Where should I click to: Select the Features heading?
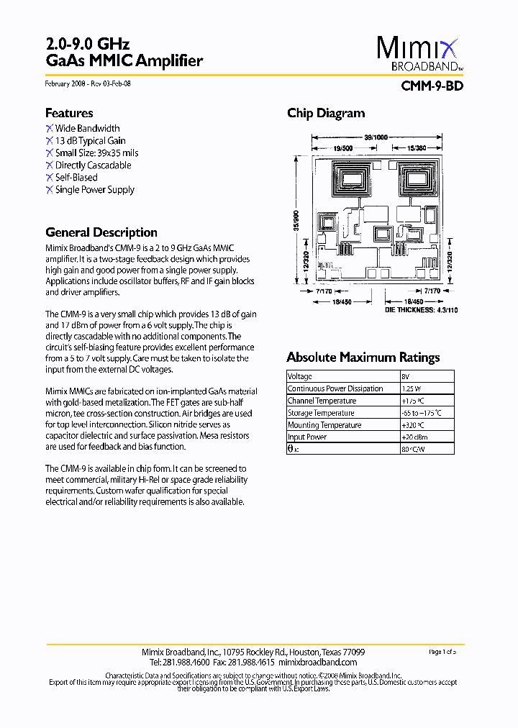pos(69,113)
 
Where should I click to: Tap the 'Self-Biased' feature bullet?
pos(76,178)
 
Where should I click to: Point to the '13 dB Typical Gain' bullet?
pos(90,141)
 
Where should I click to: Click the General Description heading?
pos(101,232)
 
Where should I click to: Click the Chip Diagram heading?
pos(326,113)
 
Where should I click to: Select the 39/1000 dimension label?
pos(376,137)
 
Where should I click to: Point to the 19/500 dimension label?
pos(343,148)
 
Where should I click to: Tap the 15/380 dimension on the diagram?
pos(417,148)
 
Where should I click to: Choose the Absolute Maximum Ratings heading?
pos(363,358)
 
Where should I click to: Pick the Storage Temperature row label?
pos(321,413)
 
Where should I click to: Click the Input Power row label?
pos(306,437)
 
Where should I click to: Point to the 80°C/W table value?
pos(413,449)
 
